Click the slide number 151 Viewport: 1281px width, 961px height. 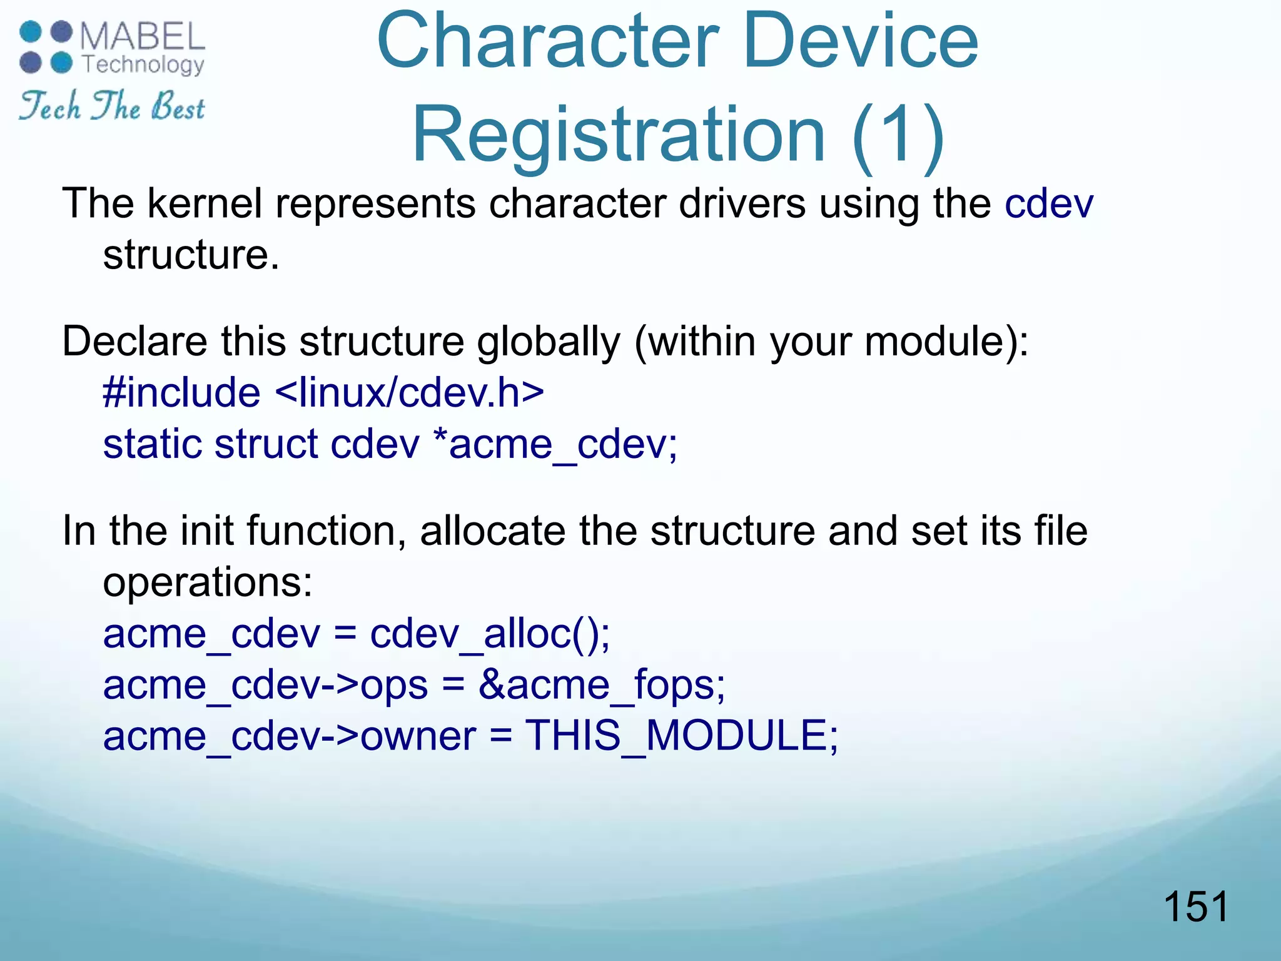1195,907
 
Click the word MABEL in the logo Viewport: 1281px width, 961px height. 143,37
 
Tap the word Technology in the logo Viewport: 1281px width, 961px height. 143,64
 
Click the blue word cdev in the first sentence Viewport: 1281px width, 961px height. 1049,204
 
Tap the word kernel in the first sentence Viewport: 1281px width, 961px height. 205,204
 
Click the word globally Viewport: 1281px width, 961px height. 549,342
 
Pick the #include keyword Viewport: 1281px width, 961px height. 181,393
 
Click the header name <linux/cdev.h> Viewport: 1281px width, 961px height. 409,393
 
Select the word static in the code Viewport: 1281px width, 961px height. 152,444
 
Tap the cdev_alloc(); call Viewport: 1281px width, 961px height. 490,634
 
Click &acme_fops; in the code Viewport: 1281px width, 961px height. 601,685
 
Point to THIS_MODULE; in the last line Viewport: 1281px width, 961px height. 681,736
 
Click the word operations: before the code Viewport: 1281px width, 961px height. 207,582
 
